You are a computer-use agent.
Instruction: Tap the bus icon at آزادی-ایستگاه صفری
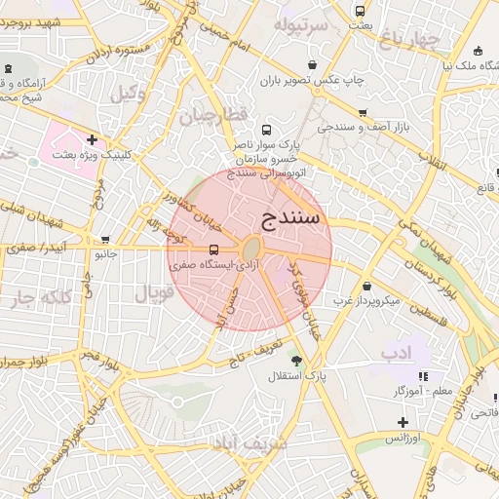(214, 249)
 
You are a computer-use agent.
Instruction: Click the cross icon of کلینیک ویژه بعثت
(92, 139)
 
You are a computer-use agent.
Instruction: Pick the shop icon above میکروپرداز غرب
(366, 287)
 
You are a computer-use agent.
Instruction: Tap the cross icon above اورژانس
(402, 422)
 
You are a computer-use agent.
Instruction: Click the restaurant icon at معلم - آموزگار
(422, 376)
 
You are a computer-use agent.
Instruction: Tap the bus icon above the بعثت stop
(361, 12)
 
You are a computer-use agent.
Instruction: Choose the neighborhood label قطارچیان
(208, 118)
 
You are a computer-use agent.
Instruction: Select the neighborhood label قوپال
(152, 291)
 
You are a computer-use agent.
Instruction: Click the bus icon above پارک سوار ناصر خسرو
(266, 130)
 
